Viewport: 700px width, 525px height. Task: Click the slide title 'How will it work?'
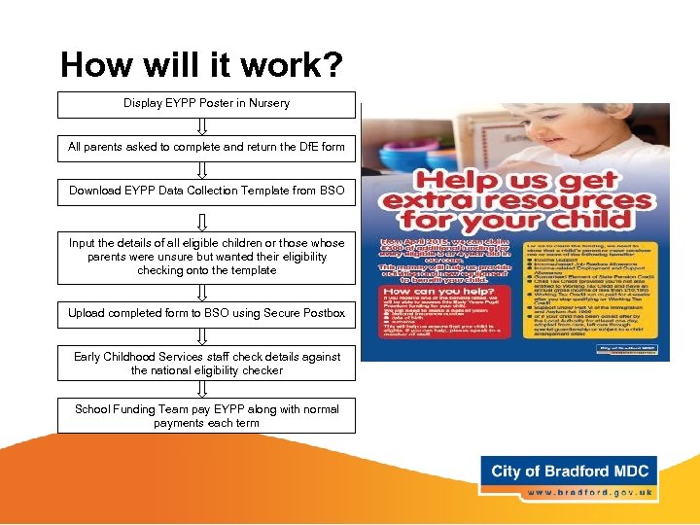click(201, 65)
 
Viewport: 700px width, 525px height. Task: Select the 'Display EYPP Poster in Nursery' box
click(206, 104)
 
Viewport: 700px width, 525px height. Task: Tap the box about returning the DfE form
click(206, 148)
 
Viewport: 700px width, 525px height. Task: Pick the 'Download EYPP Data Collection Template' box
click(206, 192)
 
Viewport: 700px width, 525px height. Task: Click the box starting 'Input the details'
click(206, 257)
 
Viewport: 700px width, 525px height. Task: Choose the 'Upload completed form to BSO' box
click(206, 313)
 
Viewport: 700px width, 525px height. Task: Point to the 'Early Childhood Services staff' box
click(206, 364)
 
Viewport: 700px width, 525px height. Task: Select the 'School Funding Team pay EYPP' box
click(206, 416)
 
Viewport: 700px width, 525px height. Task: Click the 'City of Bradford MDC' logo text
click(569, 472)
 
